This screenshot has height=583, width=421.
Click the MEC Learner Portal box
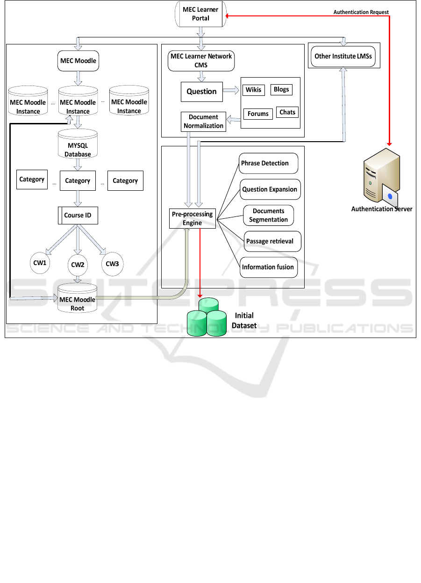[200, 14]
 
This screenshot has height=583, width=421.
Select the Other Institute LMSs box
[343, 56]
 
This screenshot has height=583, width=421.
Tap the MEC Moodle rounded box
[78, 61]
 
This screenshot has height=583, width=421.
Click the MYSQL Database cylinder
[78, 145]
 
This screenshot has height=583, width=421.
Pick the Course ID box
[78, 216]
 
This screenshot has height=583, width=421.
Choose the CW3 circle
[112, 264]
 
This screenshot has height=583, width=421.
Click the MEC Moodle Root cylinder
[78, 300]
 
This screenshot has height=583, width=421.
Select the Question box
[201, 92]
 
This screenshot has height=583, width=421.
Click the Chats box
[287, 112]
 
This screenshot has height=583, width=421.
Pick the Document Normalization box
[203, 122]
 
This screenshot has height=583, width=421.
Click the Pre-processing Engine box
[192, 218]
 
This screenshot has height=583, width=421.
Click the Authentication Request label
[361, 12]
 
